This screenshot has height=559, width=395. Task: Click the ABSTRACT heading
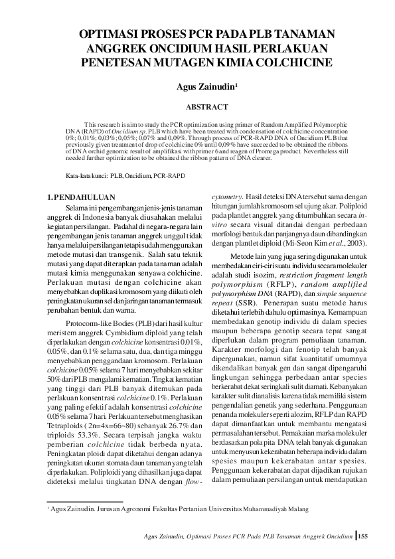coord(206,107)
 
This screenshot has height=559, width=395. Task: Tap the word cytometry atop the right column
coord(226,197)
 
